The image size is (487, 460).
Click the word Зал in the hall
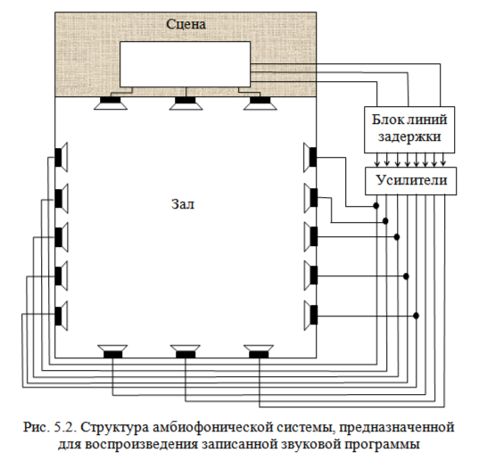coord(182,204)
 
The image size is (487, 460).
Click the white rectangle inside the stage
coord(186,66)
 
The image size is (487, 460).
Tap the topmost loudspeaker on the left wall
coord(61,157)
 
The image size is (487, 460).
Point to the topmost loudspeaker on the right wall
coord(310,157)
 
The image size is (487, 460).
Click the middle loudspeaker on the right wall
coord(310,236)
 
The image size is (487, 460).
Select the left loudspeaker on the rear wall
coord(112,351)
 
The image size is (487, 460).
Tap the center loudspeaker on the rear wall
coord(185,351)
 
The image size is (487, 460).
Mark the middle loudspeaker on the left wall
coord(61,236)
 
